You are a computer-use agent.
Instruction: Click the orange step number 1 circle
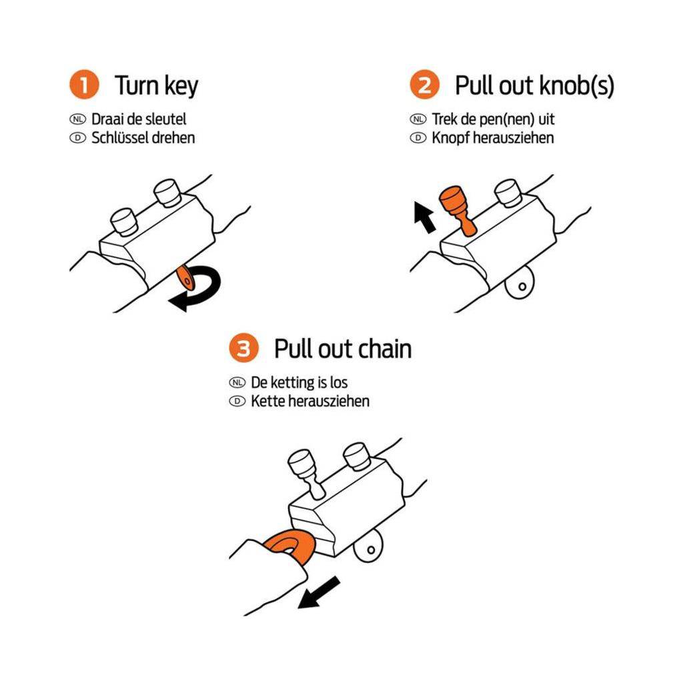[84, 85]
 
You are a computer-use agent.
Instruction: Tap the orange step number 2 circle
[424, 85]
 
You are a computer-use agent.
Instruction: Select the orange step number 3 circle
[244, 348]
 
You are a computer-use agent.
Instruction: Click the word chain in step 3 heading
[380, 349]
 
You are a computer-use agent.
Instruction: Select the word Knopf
[450, 138]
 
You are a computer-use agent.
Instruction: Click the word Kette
[267, 401]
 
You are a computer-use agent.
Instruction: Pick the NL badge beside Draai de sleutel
[78, 119]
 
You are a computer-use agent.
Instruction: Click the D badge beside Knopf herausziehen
[418, 138]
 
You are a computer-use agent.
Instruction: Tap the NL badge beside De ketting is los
[237, 382]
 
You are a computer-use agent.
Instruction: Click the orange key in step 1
[185, 278]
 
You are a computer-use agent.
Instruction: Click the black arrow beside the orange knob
[425, 217]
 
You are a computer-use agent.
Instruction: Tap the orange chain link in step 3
[290, 546]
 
